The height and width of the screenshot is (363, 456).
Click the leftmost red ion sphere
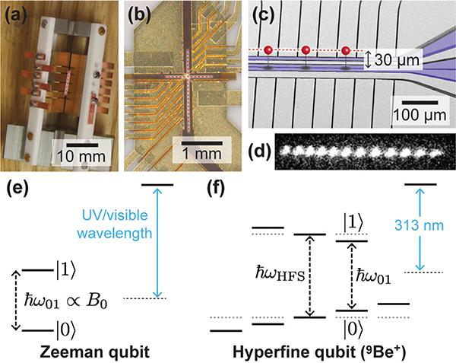(x=268, y=50)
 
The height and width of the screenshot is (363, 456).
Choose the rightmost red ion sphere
(x=343, y=50)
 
